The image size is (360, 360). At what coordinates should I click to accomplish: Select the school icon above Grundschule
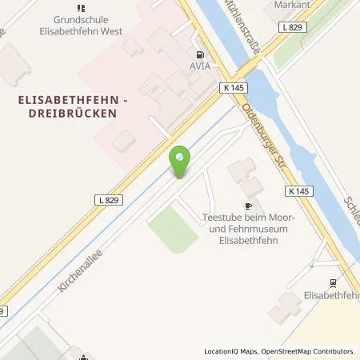[82, 9]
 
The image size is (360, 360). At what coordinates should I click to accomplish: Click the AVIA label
[199, 66]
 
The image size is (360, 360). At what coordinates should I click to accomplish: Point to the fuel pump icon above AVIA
[199, 53]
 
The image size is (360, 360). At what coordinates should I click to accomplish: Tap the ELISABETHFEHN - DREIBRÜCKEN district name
[66, 107]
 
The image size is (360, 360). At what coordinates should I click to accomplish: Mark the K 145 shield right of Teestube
[297, 191]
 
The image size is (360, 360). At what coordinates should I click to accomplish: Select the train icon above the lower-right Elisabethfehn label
[332, 282]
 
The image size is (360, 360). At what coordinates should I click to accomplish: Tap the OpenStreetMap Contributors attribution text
[308, 351]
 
